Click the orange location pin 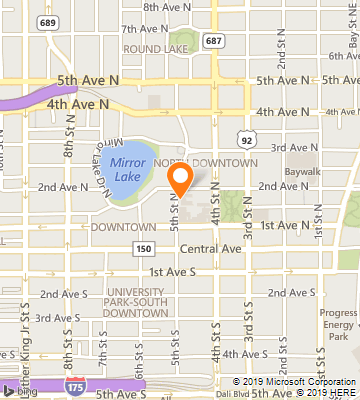click(180, 178)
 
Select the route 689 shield click(47, 20)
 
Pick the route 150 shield click(144, 248)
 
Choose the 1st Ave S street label click(169, 272)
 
